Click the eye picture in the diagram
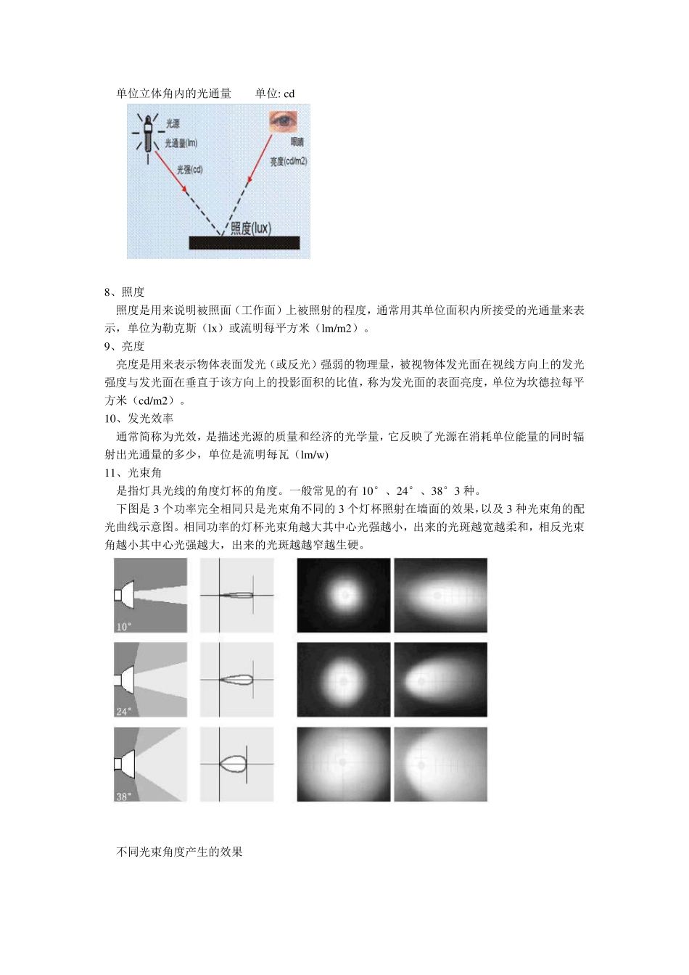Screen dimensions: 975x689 coord(283,121)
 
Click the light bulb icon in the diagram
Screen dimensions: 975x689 coord(148,133)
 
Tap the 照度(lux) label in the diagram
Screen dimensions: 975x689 coord(250,229)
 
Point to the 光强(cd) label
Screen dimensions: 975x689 coord(189,169)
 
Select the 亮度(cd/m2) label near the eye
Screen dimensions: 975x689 coord(288,161)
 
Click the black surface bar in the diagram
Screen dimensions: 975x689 coord(244,242)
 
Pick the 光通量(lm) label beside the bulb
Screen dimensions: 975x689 coord(181,143)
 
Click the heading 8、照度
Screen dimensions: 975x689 coord(124,292)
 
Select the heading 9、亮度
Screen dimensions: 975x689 coord(124,346)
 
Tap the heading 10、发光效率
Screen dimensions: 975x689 coord(139,419)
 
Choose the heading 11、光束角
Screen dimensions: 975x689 coord(133,473)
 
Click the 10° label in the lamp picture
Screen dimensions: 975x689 coord(123,626)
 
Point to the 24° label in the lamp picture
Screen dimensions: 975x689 coord(123,711)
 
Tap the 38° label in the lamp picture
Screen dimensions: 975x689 coord(123,796)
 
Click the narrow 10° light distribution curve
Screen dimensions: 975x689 coord(238,596)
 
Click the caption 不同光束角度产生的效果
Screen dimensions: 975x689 coord(179,852)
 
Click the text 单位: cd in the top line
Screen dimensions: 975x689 coord(275,94)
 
